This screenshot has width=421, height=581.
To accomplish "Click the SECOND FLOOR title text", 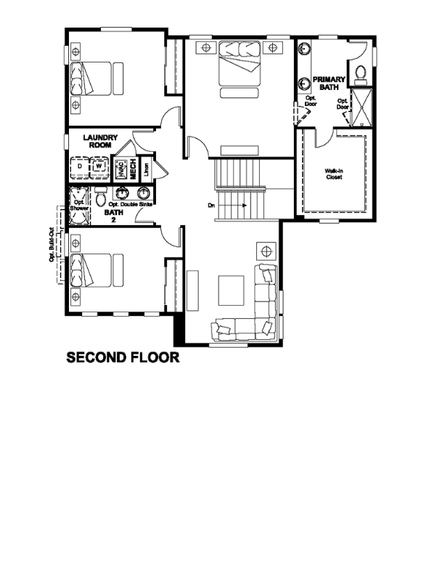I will click(122, 358).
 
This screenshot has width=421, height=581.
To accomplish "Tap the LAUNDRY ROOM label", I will click(100, 141).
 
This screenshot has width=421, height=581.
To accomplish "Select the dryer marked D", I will click(79, 167).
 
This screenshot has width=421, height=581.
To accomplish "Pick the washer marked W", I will click(99, 167).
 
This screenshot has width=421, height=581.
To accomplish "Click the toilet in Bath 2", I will click(102, 196).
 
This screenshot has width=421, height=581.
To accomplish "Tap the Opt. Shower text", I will click(78, 205).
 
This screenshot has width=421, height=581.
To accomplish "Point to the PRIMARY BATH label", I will click(326, 84).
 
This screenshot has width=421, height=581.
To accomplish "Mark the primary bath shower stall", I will click(361, 106).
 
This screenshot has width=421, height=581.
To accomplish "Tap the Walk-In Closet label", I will click(333, 174).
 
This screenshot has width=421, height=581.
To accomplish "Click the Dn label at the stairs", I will click(211, 206).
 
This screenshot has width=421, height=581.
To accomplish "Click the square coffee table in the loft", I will click(232, 290).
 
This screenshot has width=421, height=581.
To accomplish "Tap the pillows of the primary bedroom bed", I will click(239, 52).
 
